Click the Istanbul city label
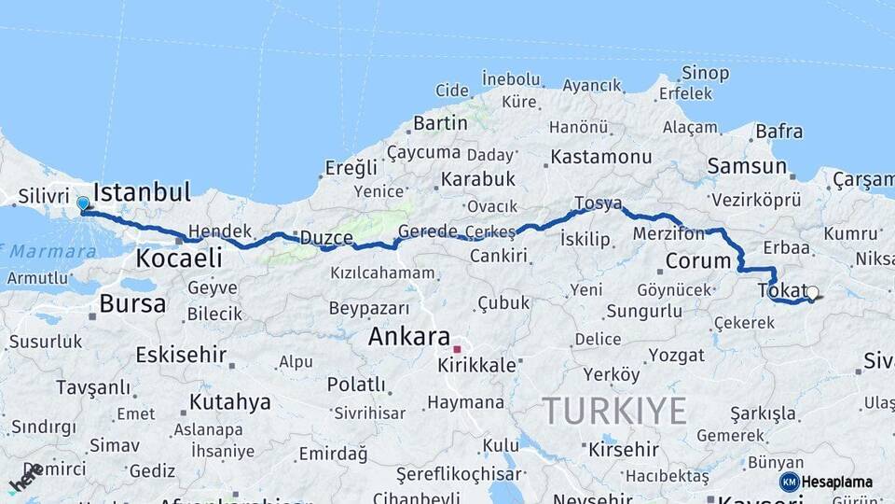pyautogui.click(x=143, y=193)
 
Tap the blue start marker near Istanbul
pyautogui.click(x=83, y=203)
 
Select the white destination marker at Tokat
pyautogui.click(x=812, y=293)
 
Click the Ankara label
pyautogui.click(x=409, y=337)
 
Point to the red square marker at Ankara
pyautogui.click(x=457, y=349)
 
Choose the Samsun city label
pyautogui.click(x=747, y=166)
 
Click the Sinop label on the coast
pyautogui.click(x=705, y=73)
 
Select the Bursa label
pyautogui.click(x=132, y=303)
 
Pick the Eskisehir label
pyautogui.click(x=181, y=355)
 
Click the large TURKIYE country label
pyautogui.click(x=615, y=411)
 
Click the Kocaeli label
pyautogui.click(x=179, y=259)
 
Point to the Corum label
pyautogui.click(x=697, y=260)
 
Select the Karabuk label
pyautogui.click(x=478, y=178)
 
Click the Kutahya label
pyautogui.click(x=229, y=402)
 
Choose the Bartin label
pyautogui.click(x=440, y=123)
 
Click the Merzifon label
pyautogui.click(x=668, y=234)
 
